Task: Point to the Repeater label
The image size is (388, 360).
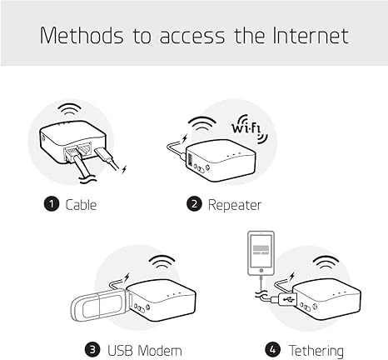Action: pyautogui.click(x=235, y=204)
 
